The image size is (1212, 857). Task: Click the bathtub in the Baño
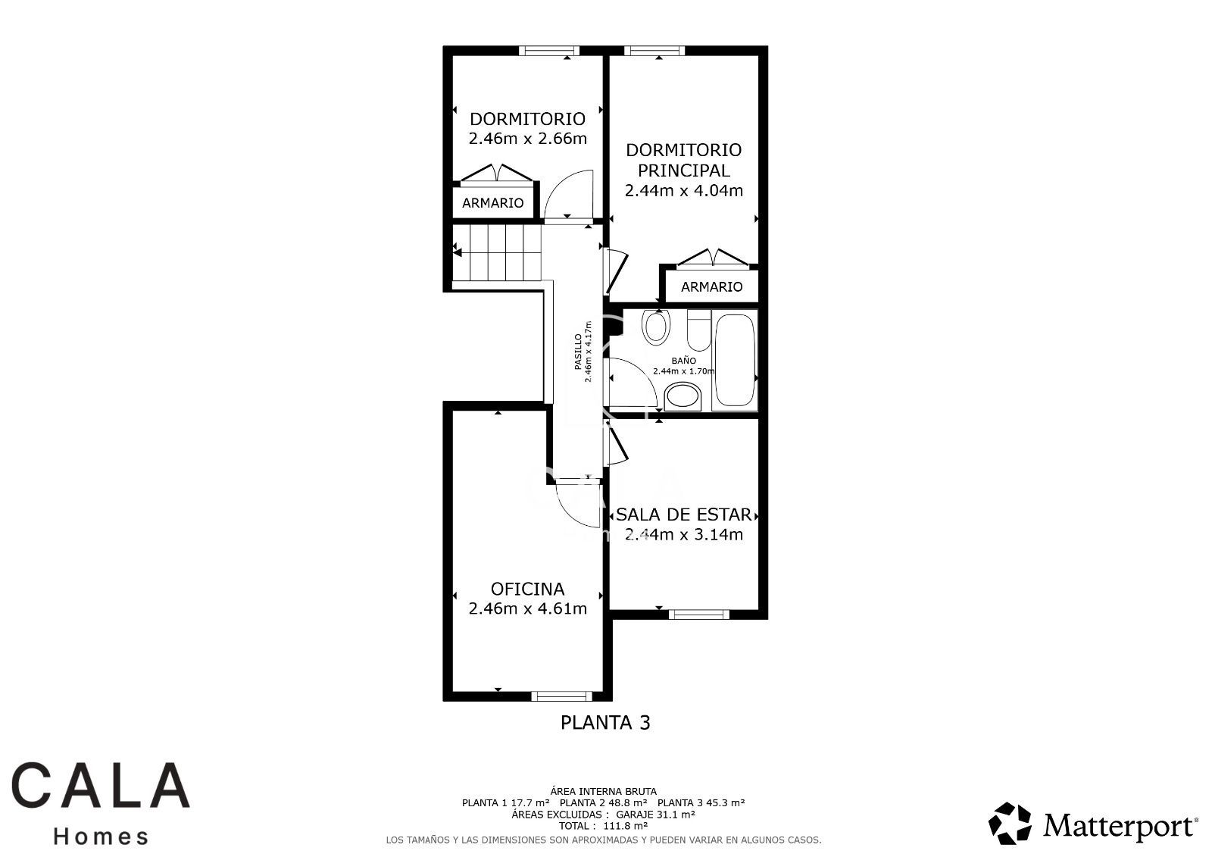click(x=734, y=360)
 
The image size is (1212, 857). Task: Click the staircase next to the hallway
click(x=497, y=253)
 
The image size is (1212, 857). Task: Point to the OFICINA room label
click(x=527, y=589)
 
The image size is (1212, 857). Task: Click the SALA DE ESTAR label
click(x=684, y=515)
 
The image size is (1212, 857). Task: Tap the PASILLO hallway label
click(x=579, y=352)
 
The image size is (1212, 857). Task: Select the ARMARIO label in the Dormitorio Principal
click(x=711, y=287)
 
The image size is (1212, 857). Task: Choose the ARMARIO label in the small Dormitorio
click(x=493, y=203)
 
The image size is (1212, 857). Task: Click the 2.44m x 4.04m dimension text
click(x=684, y=190)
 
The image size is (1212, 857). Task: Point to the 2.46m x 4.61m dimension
click(x=527, y=609)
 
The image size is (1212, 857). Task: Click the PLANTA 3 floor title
click(x=605, y=723)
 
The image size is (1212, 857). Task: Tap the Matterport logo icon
click(x=1010, y=824)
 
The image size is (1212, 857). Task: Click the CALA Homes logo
click(x=101, y=803)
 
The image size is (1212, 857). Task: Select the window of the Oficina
click(x=562, y=696)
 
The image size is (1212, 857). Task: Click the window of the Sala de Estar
click(x=699, y=615)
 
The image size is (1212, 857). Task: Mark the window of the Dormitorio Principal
click(x=654, y=51)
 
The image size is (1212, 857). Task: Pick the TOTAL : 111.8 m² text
click(x=603, y=826)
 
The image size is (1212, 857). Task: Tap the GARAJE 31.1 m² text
click(x=656, y=815)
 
